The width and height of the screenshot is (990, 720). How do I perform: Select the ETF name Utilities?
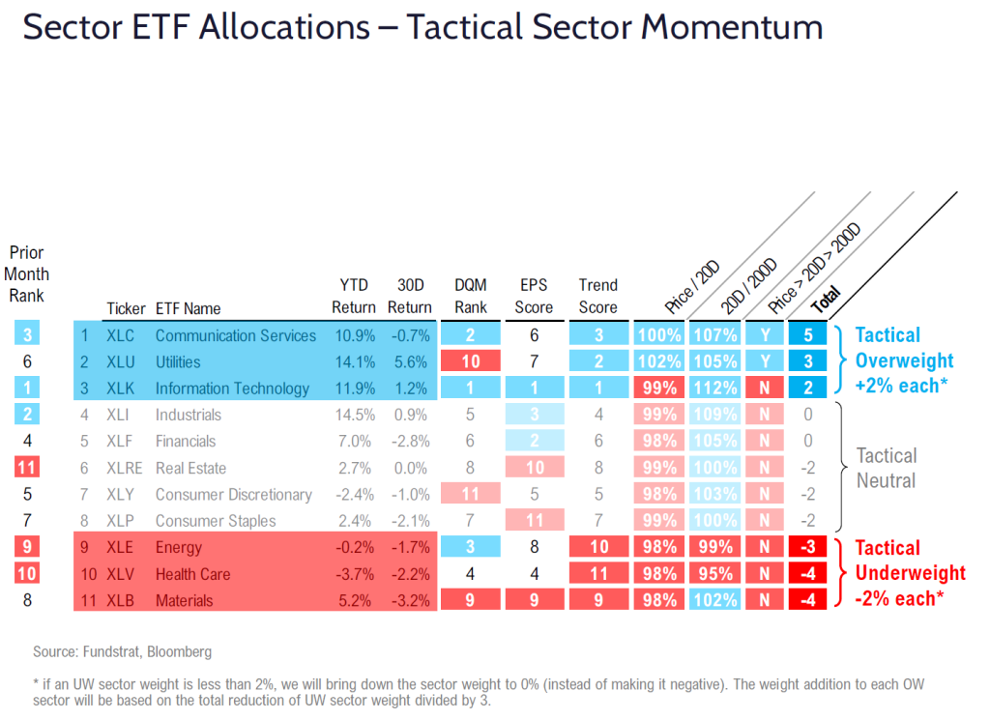point(178,362)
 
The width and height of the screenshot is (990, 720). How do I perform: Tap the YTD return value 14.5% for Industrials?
point(354,415)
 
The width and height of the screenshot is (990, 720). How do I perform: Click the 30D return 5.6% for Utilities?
point(409,362)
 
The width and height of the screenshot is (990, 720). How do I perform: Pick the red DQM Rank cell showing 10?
point(471,362)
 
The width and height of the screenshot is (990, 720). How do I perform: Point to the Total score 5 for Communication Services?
point(807,335)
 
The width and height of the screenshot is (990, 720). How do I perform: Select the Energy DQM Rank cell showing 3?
point(471,547)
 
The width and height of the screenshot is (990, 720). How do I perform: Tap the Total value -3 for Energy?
point(807,547)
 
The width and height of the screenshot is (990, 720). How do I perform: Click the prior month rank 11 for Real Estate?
point(26,468)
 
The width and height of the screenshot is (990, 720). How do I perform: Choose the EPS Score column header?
point(534,296)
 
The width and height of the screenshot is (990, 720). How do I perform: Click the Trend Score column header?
point(597,296)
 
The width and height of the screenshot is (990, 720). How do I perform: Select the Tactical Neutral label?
point(887,467)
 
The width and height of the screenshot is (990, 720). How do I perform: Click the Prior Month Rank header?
point(27,274)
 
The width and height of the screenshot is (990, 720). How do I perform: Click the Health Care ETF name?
point(192,574)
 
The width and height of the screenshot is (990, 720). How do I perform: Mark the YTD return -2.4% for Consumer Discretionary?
point(354,494)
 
